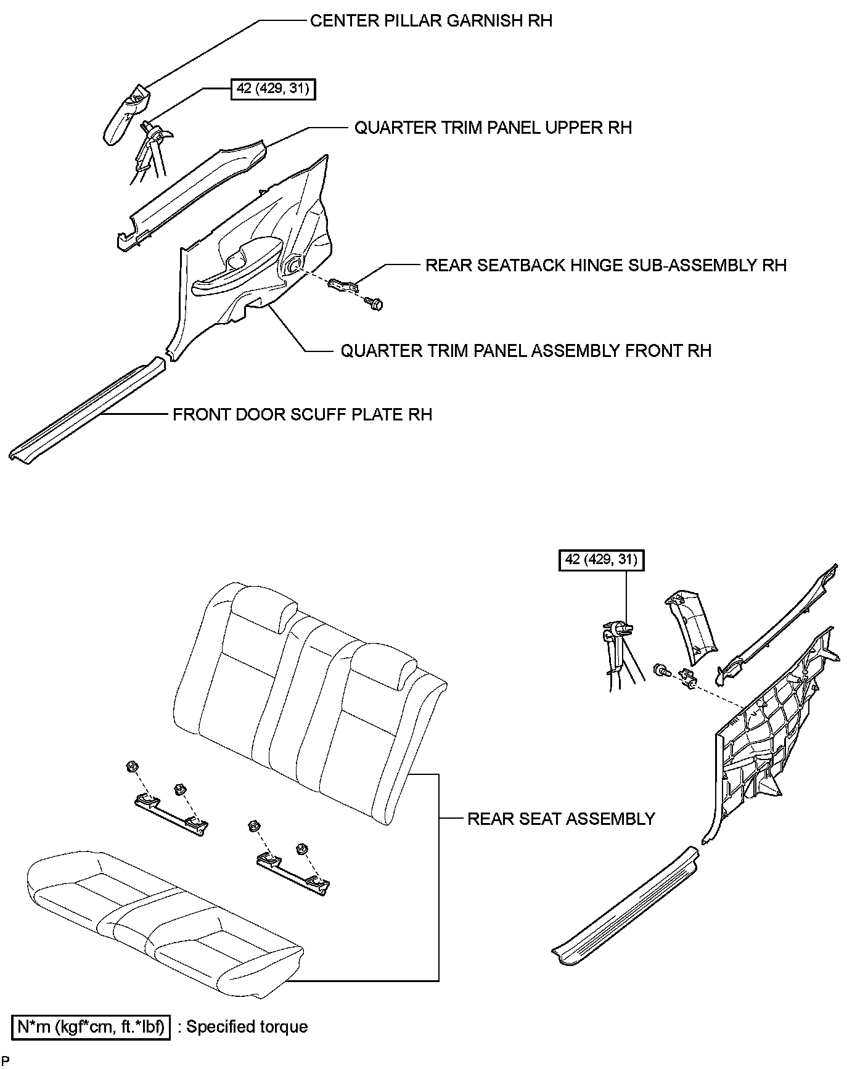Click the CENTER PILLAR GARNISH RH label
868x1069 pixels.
[x=431, y=21]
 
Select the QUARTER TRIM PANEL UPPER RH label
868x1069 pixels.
[x=493, y=128]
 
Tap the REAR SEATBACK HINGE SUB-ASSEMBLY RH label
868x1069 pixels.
[x=606, y=265]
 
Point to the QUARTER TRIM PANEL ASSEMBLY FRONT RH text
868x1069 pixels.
[x=526, y=351]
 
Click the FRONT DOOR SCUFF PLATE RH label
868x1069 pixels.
[x=302, y=414]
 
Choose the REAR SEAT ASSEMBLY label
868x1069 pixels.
[x=561, y=819]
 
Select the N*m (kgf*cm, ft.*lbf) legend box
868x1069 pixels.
[x=91, y=1026]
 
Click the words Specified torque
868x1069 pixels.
[x=247, y=1026]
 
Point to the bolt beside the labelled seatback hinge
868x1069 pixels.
[x=374, y=303]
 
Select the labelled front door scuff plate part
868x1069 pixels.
[x=86, y=410]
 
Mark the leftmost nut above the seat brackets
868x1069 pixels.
[x=131, y=767]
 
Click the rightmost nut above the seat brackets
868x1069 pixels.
[x=301, y=849]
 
